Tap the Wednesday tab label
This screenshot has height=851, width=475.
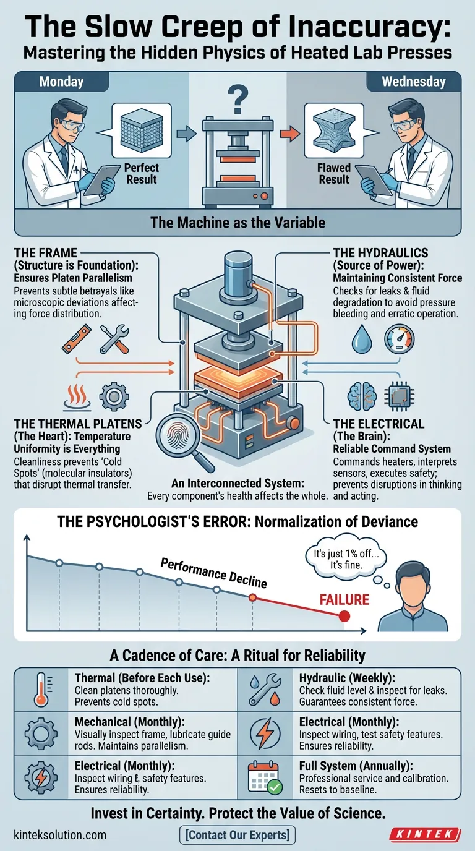pos(413,82)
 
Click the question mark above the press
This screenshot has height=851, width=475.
pos(237,99)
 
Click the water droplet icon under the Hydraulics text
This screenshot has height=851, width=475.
pos(361,339)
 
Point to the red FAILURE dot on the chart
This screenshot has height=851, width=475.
pos(344,616)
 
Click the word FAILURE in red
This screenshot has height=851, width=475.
pos(344,599)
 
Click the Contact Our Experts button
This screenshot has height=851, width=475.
pos(237,835)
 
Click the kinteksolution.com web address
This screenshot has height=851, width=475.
pos(59,835)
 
